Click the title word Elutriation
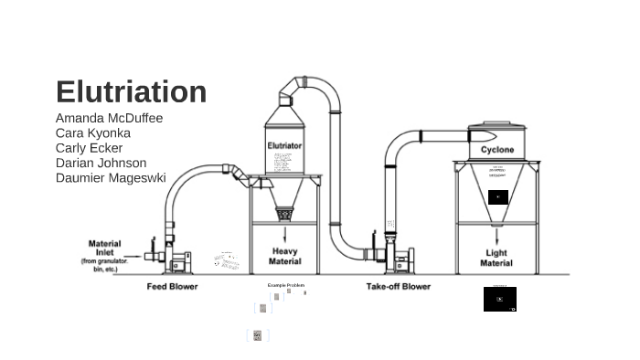[x=131, y=92]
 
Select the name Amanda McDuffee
[x=109, y=118]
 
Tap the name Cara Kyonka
[x=92, y=132]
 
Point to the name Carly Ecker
[x=89, y=148]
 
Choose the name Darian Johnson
[x=101, y=163]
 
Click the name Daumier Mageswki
[x=111, y=177]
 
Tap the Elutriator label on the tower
[x=284, y=145]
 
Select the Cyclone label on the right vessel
[x=497, y=150]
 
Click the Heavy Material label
[x=284, y=256]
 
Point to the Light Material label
[x=496, y=259]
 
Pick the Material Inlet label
[x=104, y=248]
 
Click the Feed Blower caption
[x=172, y=287]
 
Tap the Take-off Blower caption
[x=399, y=287]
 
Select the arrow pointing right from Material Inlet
[x=132, y=257]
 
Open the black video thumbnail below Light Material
[x=500, y=299]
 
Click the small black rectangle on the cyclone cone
[x=497, y=196]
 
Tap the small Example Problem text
[x=286, y=285]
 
